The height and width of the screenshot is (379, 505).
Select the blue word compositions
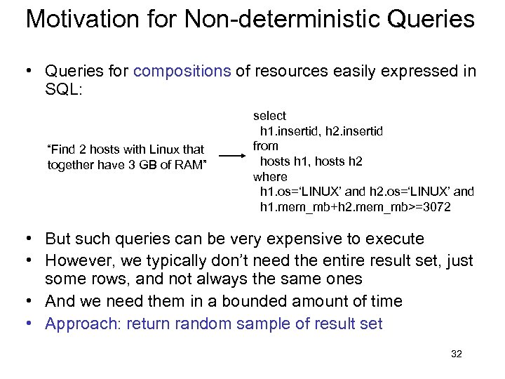(182, 71)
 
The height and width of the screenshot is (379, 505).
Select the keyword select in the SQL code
(269, 116)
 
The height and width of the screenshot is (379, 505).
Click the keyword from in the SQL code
(266, 146)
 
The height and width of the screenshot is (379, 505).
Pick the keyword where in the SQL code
(270, 177)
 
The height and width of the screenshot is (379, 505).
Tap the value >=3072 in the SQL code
(433, 208)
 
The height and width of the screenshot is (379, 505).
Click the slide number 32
(457, 354)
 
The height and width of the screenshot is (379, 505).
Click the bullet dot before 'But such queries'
(29, 239)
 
